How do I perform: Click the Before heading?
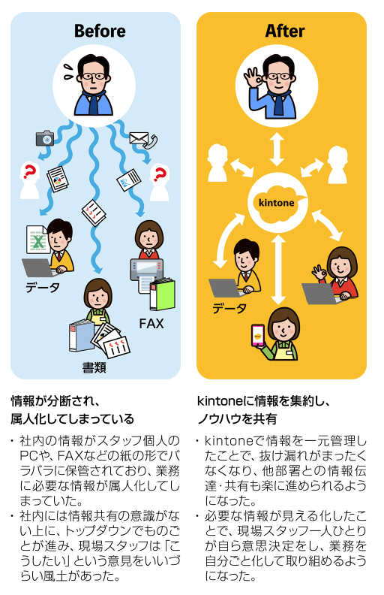pyautogui.click(x=100, y=31)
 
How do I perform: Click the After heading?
pyautogui.click(x=285, y=31)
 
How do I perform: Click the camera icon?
pyautogui.click(x=45, y=138)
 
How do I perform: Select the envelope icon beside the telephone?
pyautogui.click(x=139, y=137)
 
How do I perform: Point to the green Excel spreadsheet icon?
pyautogui.click(x=37, y=240)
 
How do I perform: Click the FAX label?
pyautogui.click(x=151, y=324)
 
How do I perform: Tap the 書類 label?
pyautogui.click(x=94, y=367)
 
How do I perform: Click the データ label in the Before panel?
pyautogui.click(x=43, y=288)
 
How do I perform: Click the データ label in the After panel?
pyautogui.click(x=229, y=308)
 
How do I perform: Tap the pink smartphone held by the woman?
pyautogui.click(x=258, y=335)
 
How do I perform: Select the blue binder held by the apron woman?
pyautogui.click(x=81, y=336)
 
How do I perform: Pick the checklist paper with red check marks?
pyautogui.click(x=94, y=213)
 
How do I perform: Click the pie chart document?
pyautogui.click(x=58, y=179)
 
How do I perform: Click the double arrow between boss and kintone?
pyautogui.click(x=277, y=150)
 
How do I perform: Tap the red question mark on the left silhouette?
pyautogui.click(x=28, y=171)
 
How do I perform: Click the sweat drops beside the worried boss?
pyautogui.click(x=68, y=71)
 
